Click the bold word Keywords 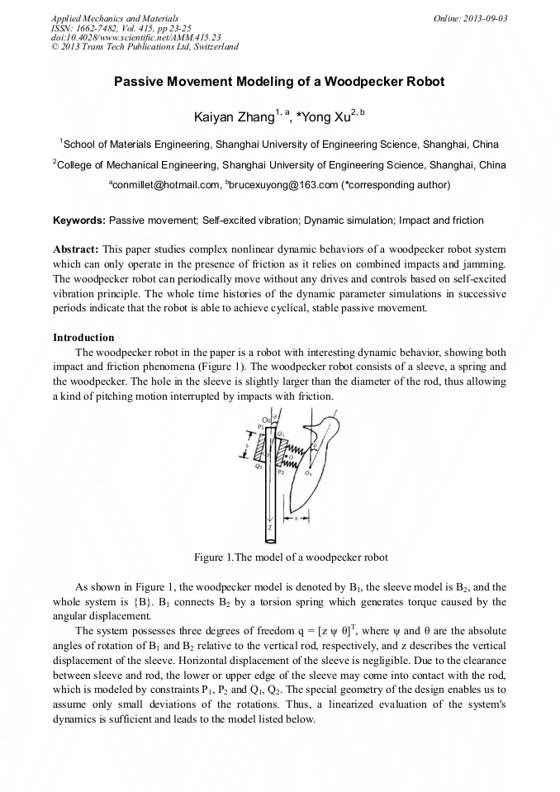point(79,221)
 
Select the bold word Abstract point(76,249)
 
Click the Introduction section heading point(83,338)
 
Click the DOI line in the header point(135,37)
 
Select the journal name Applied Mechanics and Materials point(115,17)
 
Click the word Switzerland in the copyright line point(214,47)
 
